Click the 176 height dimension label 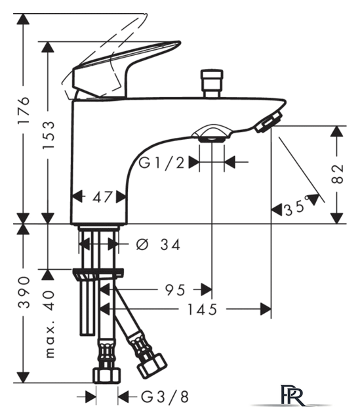[24, 110]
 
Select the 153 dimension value [49, 135]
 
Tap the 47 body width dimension [102, 198]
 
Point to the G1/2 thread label [162, 163]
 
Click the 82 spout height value [337, 173]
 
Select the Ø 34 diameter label [158, 245]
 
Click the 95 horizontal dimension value [175, 290]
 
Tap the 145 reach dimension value [202, 310]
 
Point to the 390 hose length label [24, 293]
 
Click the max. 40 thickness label [50, 324]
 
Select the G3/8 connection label [165, 397]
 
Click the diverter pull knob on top [212, 83]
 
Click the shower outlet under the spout [212, 133]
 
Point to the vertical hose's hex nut [106, 375]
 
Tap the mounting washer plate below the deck [98, 273]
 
